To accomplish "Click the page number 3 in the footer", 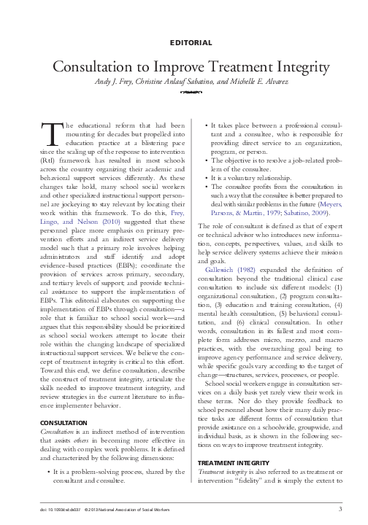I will click(340, 508).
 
